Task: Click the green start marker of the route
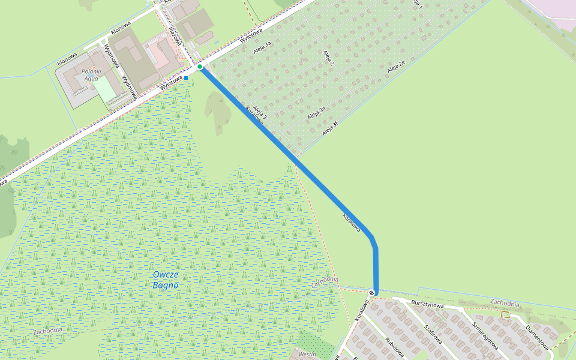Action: (x=200, y=67)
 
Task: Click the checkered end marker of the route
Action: (x=373, y=293)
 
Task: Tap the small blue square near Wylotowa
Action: (x=186, y=78)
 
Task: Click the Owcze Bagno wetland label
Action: (x=166, y=280)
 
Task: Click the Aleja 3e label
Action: (x=316, y=112)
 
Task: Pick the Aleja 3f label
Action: (x=331, y=128)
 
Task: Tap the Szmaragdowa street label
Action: (x=485, y=332)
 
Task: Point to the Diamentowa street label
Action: (x=537, y=338)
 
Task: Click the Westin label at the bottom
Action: (x=307, y=355)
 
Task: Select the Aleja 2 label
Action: (x=328, y=58)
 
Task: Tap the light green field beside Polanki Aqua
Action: (x=104, y=89)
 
